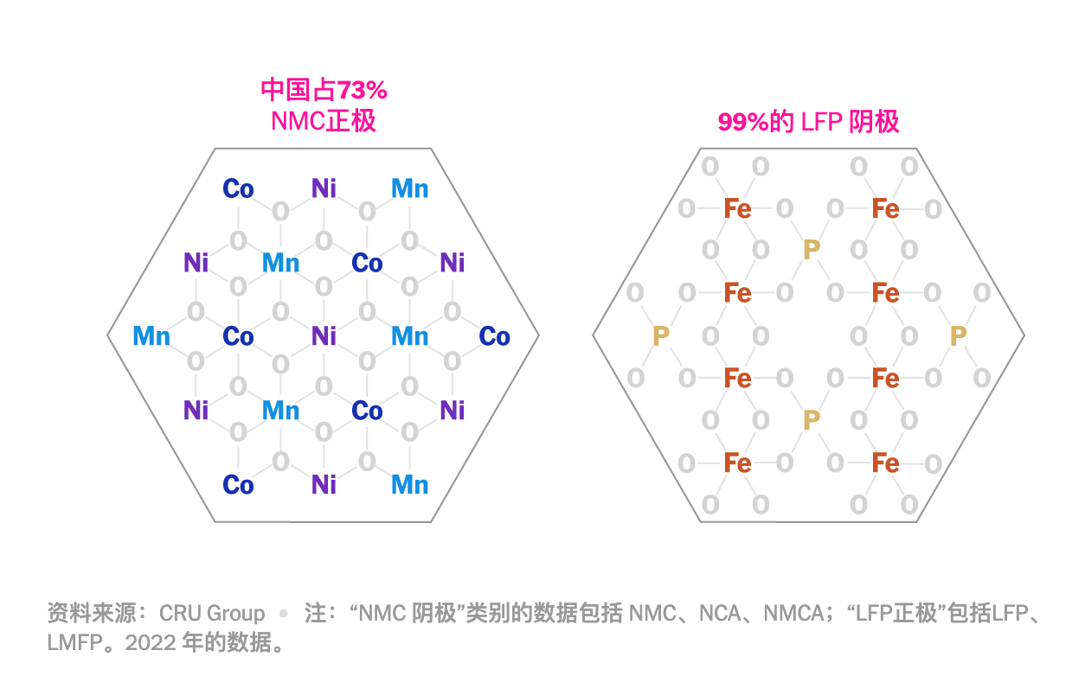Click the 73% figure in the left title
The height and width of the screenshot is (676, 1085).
pos(362,90)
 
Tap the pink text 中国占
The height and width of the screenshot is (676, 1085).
pos(298,90)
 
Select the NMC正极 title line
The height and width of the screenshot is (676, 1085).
pos(324,120)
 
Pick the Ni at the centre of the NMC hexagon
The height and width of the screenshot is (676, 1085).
pos(324,335)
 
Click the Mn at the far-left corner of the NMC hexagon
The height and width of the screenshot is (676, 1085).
pos(151,335)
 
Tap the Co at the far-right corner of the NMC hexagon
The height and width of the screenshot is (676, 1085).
pos(494,335)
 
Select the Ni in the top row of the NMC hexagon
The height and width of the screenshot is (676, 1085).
pos(324,188)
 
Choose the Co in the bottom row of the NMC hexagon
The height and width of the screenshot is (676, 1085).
pos(238,485)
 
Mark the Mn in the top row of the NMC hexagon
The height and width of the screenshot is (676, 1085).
pos(409,188)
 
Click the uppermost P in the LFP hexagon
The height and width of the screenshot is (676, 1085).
pos(811,251)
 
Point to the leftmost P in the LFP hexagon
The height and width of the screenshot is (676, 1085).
pos(661,335)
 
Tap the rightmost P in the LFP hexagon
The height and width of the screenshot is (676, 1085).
pos(958,335)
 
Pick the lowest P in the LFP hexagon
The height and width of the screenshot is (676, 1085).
pos(811,420)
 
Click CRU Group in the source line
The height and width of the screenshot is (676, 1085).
pos(212,614)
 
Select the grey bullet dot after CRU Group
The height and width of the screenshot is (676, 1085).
pos(283,614)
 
